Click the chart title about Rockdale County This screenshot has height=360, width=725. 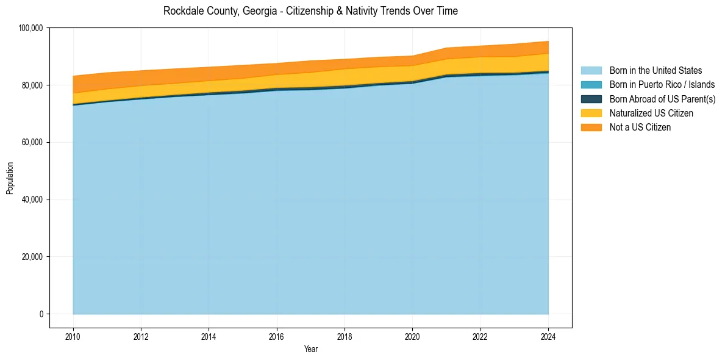[310, 11]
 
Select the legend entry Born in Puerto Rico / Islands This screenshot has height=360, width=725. [662, 85]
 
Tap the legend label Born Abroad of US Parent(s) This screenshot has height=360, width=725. [662, 99]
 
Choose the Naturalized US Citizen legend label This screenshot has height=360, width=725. [651, 113]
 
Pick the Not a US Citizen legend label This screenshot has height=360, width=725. [640, 128]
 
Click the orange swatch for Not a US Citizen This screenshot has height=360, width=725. [591, 128]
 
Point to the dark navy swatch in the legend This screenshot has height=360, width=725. [591, 99]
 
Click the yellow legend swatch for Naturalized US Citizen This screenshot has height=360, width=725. [591, 113]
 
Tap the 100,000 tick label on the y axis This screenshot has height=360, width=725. [30, 28]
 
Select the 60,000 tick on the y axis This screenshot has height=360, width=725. [32, 142]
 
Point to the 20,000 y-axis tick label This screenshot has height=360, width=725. [32, 257]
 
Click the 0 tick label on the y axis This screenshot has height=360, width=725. [41, 314]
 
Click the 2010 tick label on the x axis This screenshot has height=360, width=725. [73, 336]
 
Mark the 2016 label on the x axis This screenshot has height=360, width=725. [277, 336]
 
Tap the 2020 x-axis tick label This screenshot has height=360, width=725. [413, 336]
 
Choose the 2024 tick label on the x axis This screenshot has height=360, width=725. [548, 336]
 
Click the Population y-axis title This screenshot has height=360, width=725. [10, 178]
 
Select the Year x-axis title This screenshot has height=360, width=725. [310, 350]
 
